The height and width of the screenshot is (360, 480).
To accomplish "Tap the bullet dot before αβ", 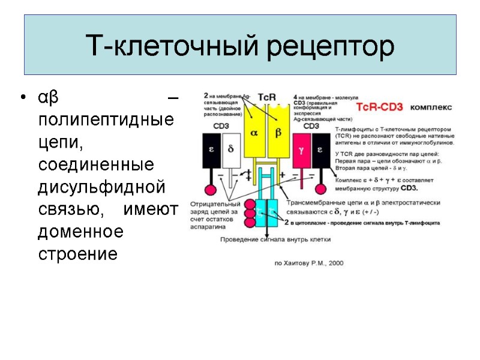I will coord(23,98).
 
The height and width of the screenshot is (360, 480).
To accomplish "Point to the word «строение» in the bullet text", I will coord(77,253).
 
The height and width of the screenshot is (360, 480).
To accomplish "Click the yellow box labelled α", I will coord(253,133).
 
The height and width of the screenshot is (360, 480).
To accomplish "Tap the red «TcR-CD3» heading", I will coord(380,107).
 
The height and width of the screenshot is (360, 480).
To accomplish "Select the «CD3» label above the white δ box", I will coord(221,127).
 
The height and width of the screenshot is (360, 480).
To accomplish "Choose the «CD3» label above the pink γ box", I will coord(311,127).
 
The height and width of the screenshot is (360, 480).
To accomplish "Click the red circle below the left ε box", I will coord(211,190).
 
